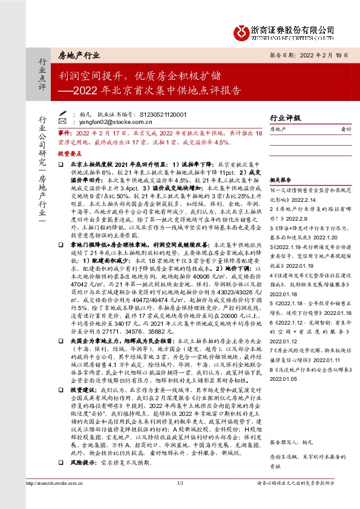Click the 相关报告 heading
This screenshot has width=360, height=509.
click(x=280, y=180)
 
